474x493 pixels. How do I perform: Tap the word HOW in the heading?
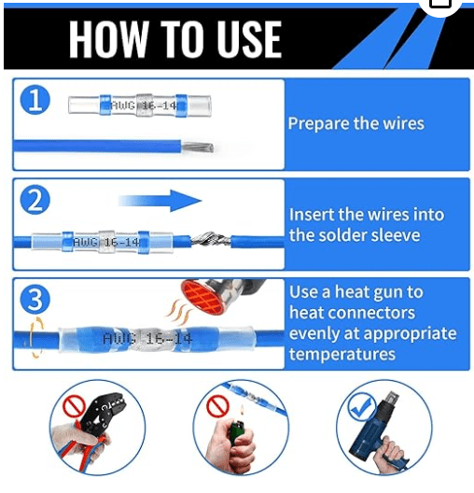[x=108, y=39]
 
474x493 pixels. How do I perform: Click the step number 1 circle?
[x=35, y=100]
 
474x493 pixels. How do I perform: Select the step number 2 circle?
[x=35, y=200]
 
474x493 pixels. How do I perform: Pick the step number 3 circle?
[x=35, y=299]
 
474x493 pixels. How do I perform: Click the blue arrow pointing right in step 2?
[x=160, y=200]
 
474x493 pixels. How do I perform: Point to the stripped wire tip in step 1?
[x=198, y=148]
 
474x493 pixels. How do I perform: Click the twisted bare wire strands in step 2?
[x=211, y=241]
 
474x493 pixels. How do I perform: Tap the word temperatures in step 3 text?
[x=342, y=354]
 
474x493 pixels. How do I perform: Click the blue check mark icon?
[x=361, y=406]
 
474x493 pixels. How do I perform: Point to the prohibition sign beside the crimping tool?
[x=74, y=406]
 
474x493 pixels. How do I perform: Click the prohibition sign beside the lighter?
[x=217, y=406]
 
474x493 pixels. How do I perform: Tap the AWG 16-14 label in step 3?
[x=147, y=339]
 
